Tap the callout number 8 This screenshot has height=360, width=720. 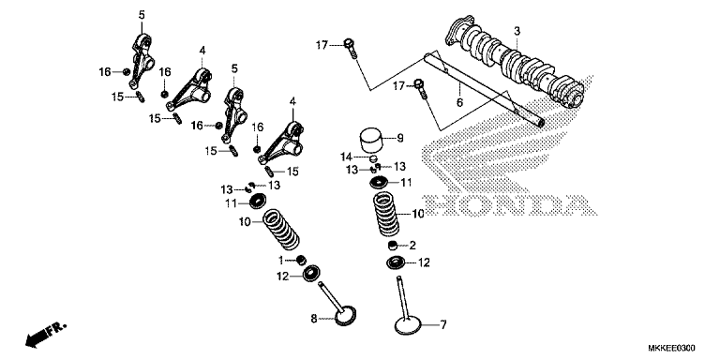pyautogui.click(x=315, y=320)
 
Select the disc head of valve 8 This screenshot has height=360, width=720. pyautogui.click(x=337, y=317)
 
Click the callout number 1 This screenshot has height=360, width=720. pyautogui.click(x=278, y=259)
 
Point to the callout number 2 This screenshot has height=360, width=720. pyautogui.click(x=412, y=245)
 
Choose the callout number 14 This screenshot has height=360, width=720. pyautogui.click(x=345, y=156)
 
